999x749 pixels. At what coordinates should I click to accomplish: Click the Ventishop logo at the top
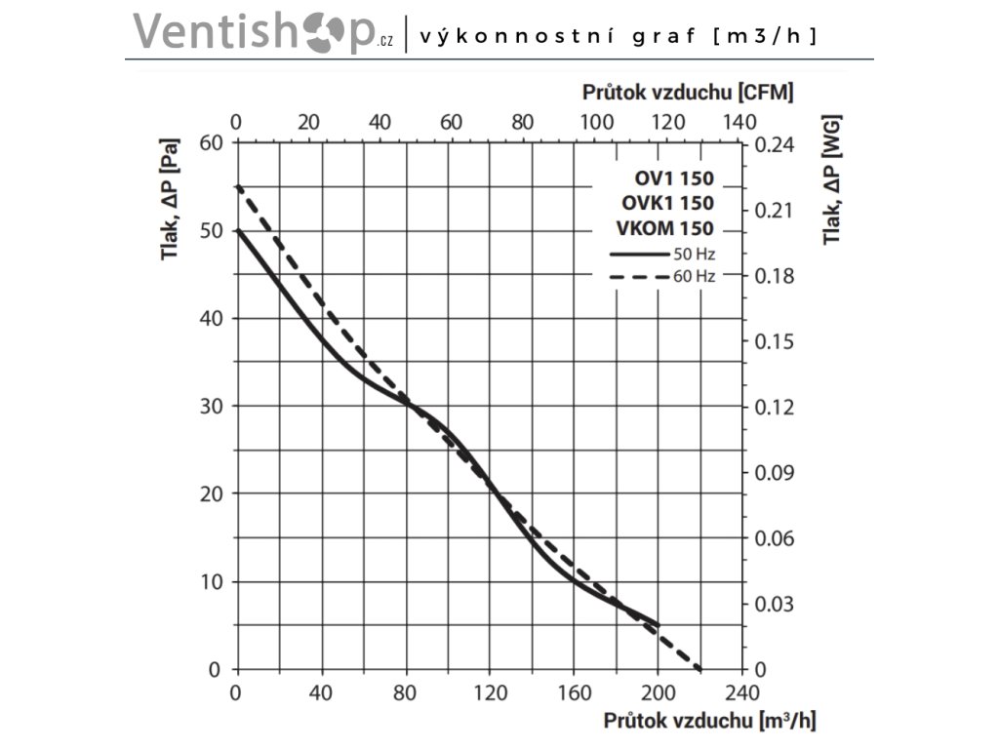click(x=263, y=31)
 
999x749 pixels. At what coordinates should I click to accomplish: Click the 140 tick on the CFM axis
click(x=740, y=122)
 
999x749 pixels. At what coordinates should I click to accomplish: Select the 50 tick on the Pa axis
click(x=214, y=230)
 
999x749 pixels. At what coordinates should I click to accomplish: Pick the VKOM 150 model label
click(x=664, y=228)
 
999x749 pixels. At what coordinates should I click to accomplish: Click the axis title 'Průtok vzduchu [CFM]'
click(x=688, y=93)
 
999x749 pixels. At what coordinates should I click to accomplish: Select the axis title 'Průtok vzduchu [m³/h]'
click(x=709, y=722)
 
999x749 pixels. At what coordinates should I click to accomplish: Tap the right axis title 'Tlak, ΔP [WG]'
click(x=831, y=180)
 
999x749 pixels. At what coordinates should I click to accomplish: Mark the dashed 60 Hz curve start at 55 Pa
click(x=237, y=186)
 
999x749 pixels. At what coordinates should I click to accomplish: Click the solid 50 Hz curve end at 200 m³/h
click(x=659, y=625)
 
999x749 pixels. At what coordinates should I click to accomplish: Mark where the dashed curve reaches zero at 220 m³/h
click(x=700, y=669)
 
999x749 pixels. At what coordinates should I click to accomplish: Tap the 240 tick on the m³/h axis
click(x=742, y=694)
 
